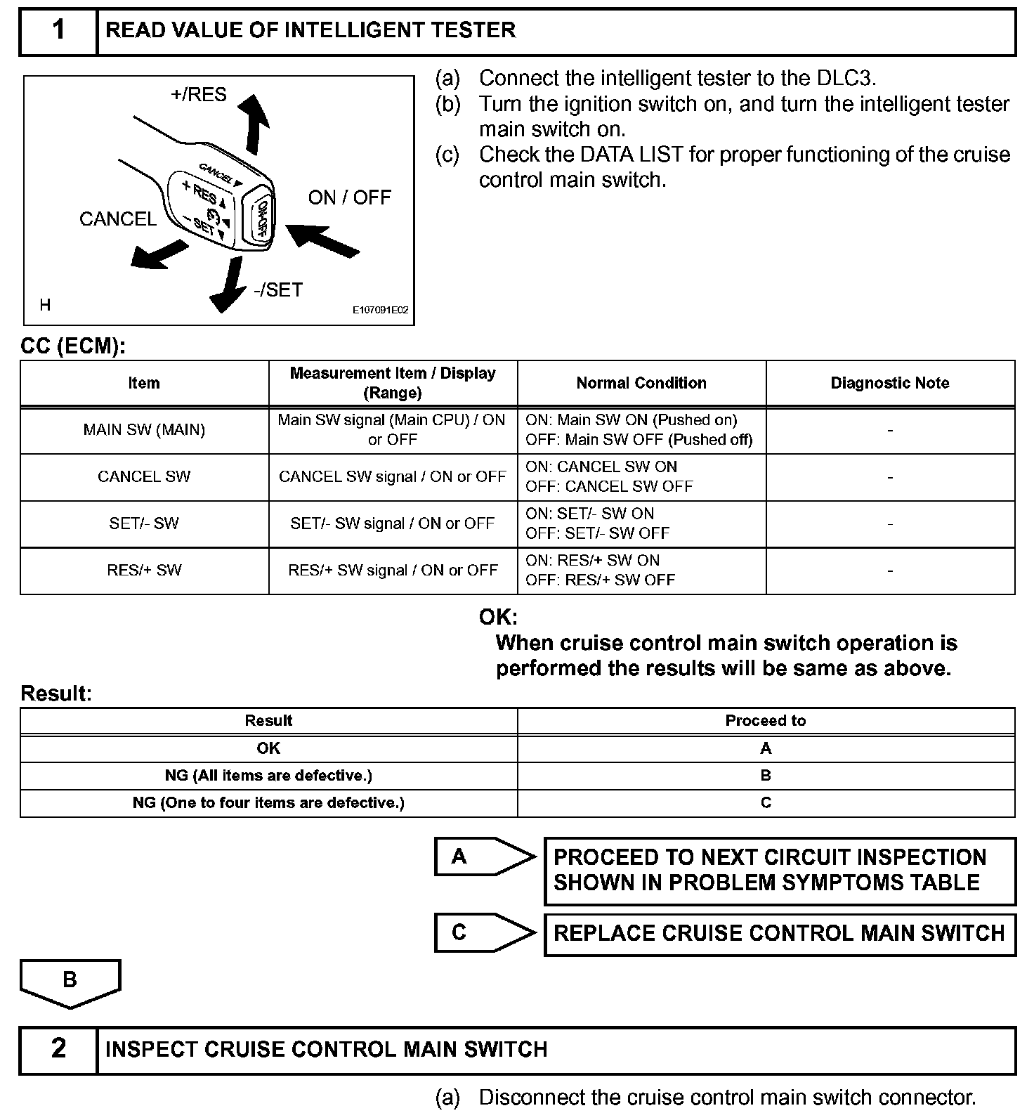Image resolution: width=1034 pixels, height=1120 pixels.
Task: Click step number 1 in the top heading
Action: point(58,30)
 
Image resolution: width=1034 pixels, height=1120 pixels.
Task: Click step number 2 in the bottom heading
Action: point(58,1048)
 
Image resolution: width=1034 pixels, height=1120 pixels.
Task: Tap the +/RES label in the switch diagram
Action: point(199,94)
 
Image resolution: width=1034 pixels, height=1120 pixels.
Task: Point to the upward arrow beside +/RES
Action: point(254,124)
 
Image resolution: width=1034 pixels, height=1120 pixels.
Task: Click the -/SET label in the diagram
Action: point(278,289)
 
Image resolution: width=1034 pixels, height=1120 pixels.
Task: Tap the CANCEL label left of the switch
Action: point(118,219)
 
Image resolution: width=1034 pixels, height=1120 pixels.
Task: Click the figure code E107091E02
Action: point(380,309)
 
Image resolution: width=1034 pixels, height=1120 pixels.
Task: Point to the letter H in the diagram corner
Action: point(45,305)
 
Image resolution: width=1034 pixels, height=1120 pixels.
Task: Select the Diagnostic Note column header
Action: point(889,383)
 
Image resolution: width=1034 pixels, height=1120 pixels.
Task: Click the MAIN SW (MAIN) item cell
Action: point(144,430)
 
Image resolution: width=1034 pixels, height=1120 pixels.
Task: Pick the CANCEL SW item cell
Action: point(144,476)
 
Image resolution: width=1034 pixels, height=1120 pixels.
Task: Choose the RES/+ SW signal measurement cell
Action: point(393,570)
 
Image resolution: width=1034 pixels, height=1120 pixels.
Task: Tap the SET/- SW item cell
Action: point(144,523)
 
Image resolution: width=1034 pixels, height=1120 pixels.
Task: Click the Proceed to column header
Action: point(765,720)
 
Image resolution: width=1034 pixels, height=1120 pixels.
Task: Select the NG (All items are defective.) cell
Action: point(268,775)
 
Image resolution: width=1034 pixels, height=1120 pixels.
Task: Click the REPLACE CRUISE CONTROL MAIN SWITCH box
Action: point(779,933)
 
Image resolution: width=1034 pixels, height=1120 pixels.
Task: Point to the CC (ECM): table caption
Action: point(73,346)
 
